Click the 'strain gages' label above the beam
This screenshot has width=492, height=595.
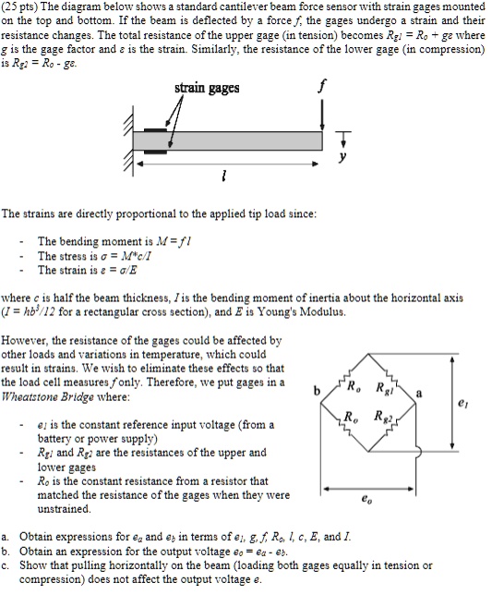[207, 88]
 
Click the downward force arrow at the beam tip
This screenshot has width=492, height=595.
[323, 115]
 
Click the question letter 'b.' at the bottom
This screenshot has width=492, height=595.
[7, 550]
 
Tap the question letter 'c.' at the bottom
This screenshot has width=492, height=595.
[7, 565]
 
